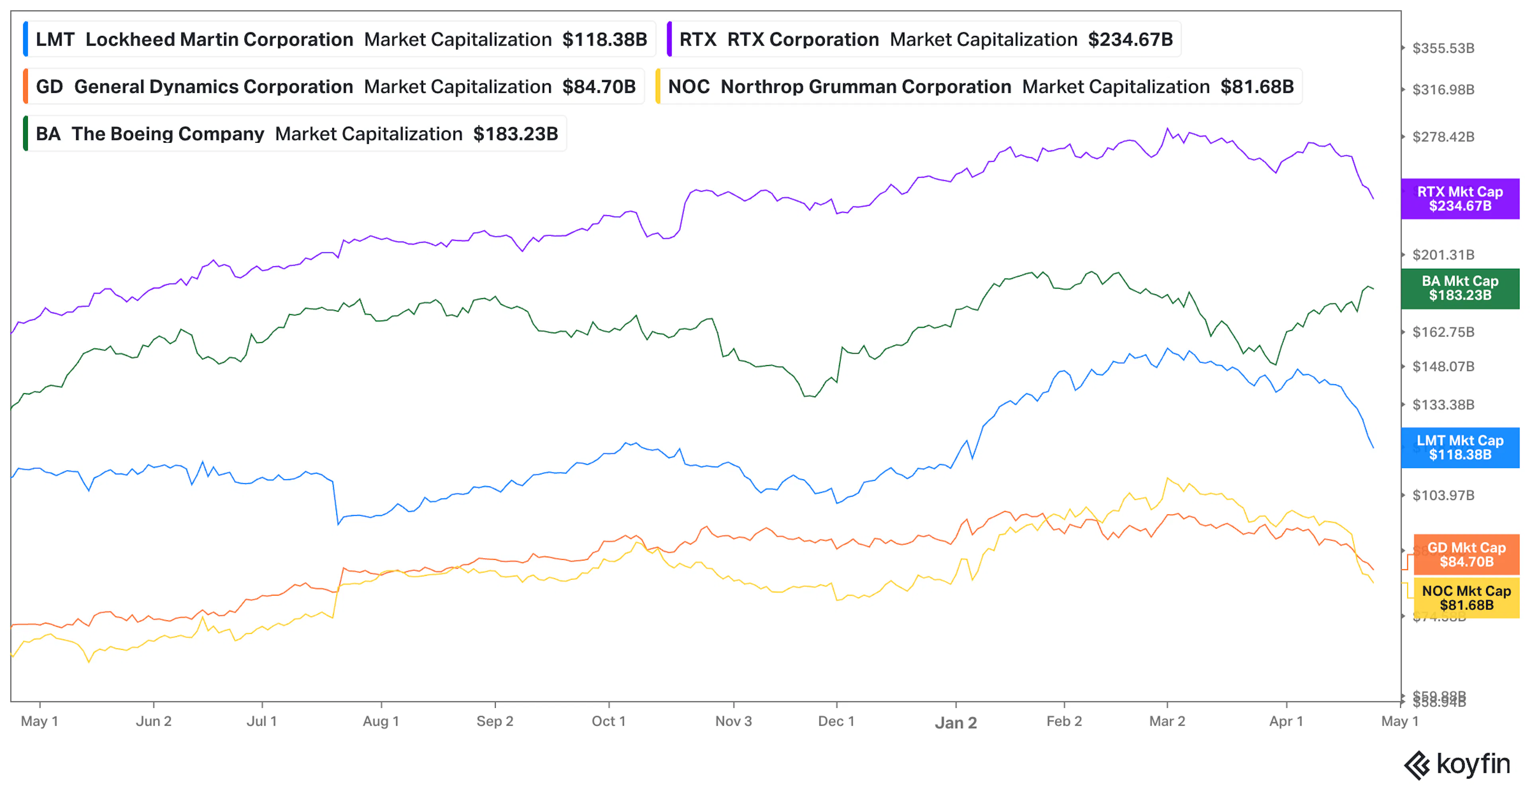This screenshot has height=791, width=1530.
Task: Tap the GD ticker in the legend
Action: pyautogui.click(x=49, y=87)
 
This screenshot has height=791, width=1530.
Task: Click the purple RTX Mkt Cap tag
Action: pyautogui.click(x=1459, y=199)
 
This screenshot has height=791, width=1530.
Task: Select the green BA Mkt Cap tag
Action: pyautogui.click(x=1459, y=288)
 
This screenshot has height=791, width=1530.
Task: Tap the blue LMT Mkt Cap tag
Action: pyautogui.click(x=1459, y=447)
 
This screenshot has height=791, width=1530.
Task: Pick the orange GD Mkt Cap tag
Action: pyautogui.click(x=1466, y=555)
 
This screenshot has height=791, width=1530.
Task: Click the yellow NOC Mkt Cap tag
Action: pyautogui.click(x=1466, y=598)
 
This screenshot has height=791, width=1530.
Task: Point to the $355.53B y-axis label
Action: pyautogui.click(x=1443, y=48)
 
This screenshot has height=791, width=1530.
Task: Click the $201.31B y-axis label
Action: pyautogui.click(x=1443, y=255)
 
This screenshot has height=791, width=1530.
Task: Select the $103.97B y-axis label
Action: pyautogui.click(x=1443, y=495)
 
